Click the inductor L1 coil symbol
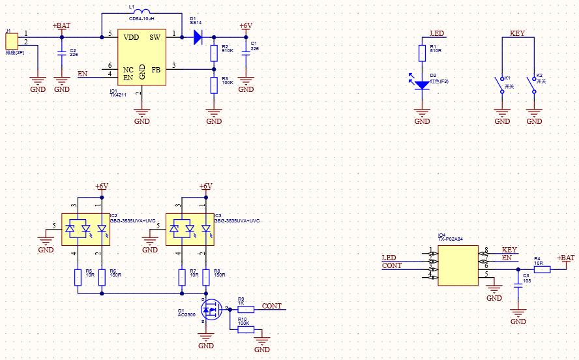click(140, 12)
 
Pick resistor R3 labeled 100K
click(213, 85)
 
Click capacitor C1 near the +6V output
click(246, 53)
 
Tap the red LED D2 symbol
click(423, 84)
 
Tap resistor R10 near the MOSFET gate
click(246, 329)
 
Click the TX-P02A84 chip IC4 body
click(459, 264)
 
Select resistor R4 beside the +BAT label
click(538, 268)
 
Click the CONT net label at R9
click(272, 306)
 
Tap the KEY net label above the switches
click(517, 33)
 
